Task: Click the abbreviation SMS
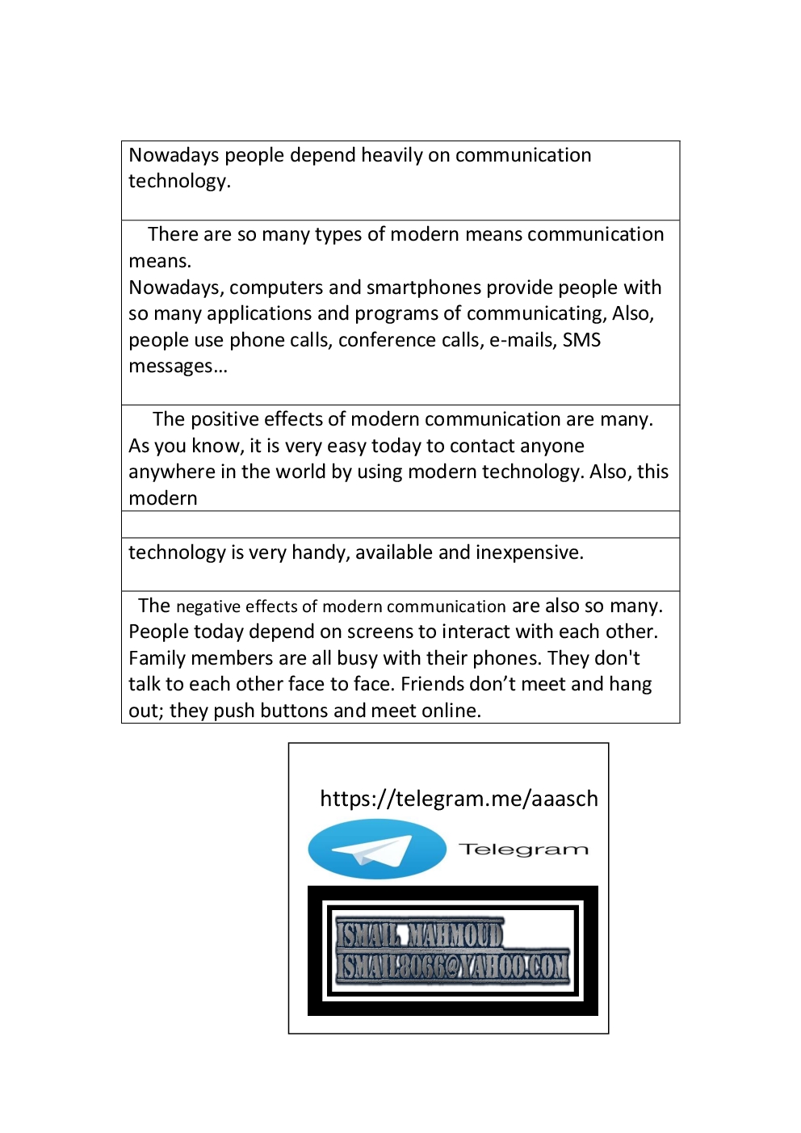[581, 340]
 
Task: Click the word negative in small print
[208, 606]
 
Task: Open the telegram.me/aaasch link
[459, 799]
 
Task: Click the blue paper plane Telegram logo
[377, 850]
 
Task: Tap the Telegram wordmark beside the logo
[523, 850]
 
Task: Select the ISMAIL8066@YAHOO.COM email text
[453, 966]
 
